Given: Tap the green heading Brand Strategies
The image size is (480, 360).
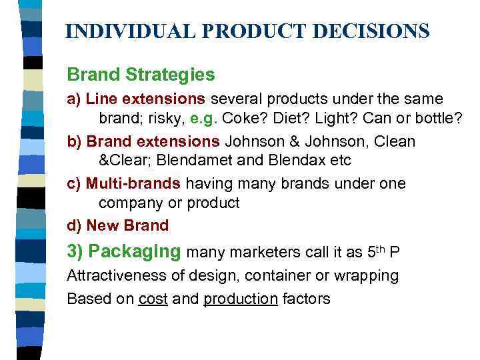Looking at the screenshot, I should (141, 74).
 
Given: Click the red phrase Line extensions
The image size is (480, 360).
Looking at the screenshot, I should (146, 99).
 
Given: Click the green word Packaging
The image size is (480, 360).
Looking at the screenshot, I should (134, 252).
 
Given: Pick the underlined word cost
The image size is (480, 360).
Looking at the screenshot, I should (153, 299).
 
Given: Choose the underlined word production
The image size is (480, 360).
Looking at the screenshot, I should (240, 299).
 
